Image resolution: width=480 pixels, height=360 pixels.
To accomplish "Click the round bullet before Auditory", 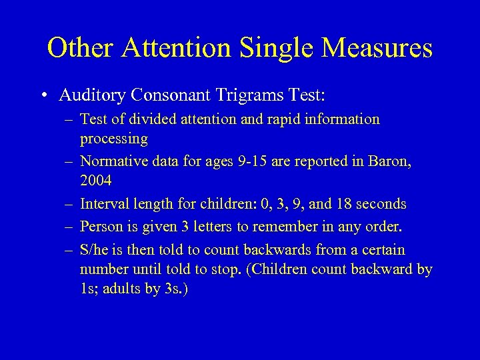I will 43,96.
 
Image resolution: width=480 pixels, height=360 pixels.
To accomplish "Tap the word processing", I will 113,139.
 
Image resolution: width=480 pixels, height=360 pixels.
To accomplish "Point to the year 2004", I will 96,181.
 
